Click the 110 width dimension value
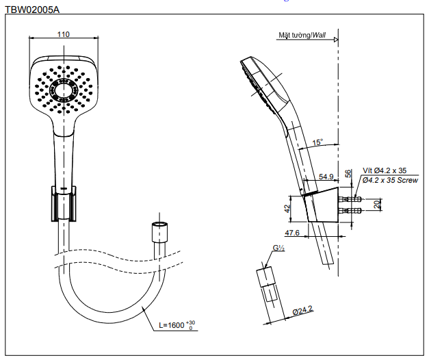(63, 34)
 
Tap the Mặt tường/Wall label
(302, 35)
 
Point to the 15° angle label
(317, 143)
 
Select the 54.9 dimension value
(326, 177)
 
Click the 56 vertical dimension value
(348, 173)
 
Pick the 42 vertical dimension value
(288, 207)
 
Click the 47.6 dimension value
(294, 233)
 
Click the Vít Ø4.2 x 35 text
(384, 170)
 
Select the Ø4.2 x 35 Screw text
(389, 180)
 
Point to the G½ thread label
(278, 249)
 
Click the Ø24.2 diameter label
(302, 311)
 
